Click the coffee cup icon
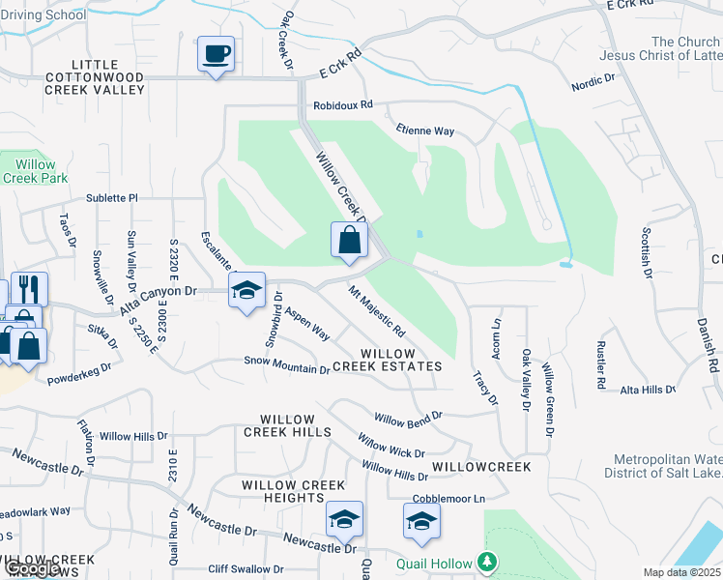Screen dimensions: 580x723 click(215, 53)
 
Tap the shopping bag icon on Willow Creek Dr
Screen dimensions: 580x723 click(349, 240)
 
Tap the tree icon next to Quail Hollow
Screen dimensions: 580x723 click(488, 563)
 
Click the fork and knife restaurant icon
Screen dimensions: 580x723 click(28, 288)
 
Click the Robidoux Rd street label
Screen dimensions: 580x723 click(342, 107)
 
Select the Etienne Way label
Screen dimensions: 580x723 click(424, 130)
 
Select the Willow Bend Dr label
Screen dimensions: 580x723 click(407, 418)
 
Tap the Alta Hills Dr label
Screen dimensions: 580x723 click(648, 390)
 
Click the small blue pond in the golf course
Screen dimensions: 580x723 click(419, 234)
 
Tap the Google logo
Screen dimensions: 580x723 click(31, 569)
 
